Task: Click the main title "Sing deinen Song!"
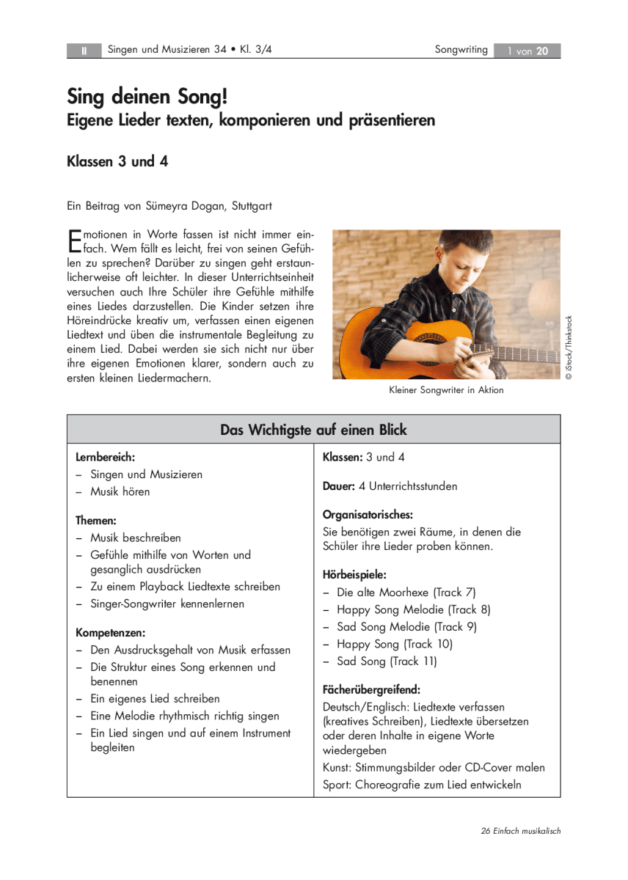click(x=152, y=96)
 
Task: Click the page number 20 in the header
click(x=542, y=51)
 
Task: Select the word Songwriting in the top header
click(x=461, y=50)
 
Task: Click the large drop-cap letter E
click(x=73, y=241)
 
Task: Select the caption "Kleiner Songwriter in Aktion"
click(x=446, y=390)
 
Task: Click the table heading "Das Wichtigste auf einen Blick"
click(x=313, y=430)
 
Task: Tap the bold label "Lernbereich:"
click(x=105, y=457)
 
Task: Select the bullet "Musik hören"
click(x=120, y=491)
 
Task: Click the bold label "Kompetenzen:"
click(x=110, y=632)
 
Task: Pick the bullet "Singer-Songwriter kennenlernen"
click(x=167, y=604)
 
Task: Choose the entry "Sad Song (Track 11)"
click(x=386, y=661)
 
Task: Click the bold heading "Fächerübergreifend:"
click(x=371, y=689)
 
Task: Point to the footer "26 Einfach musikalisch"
click(x=521, y=831)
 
